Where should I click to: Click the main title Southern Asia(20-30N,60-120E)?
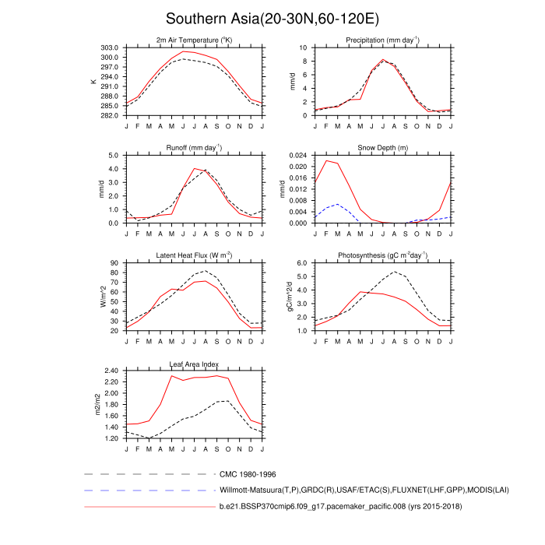(272, 18)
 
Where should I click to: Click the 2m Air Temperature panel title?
(194, 40)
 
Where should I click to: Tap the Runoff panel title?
(194, 147)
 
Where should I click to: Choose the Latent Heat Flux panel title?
(194, 255)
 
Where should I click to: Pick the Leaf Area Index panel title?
(194, 364)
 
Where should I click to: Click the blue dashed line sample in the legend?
(148, 490)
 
